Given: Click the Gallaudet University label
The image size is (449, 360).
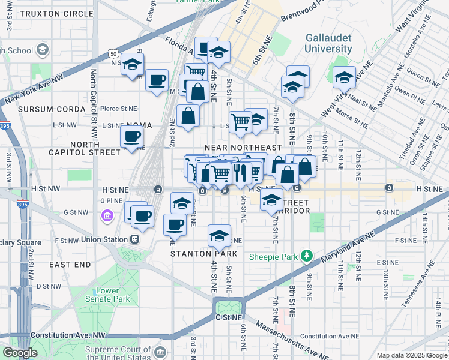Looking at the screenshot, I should click(x=328, y=43).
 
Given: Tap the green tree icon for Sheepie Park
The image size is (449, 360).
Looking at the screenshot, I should click(x=307, y=256).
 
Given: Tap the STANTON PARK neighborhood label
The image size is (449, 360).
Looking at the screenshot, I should click(x=204, y=254).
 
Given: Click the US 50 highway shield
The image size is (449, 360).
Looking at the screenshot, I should click(x=113, y=54).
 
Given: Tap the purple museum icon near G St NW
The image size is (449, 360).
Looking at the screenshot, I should click(x=107, y=215).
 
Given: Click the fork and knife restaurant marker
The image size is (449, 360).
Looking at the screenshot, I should click(x=241, y=173).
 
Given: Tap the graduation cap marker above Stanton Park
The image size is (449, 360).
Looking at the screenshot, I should click(x=219, y=235).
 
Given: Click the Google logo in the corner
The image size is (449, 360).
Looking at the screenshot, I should click(x=20, y=353).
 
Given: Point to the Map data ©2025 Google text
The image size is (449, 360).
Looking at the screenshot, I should click(x=412, y=355).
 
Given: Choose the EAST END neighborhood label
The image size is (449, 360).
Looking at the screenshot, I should click(x=70, y=265).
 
